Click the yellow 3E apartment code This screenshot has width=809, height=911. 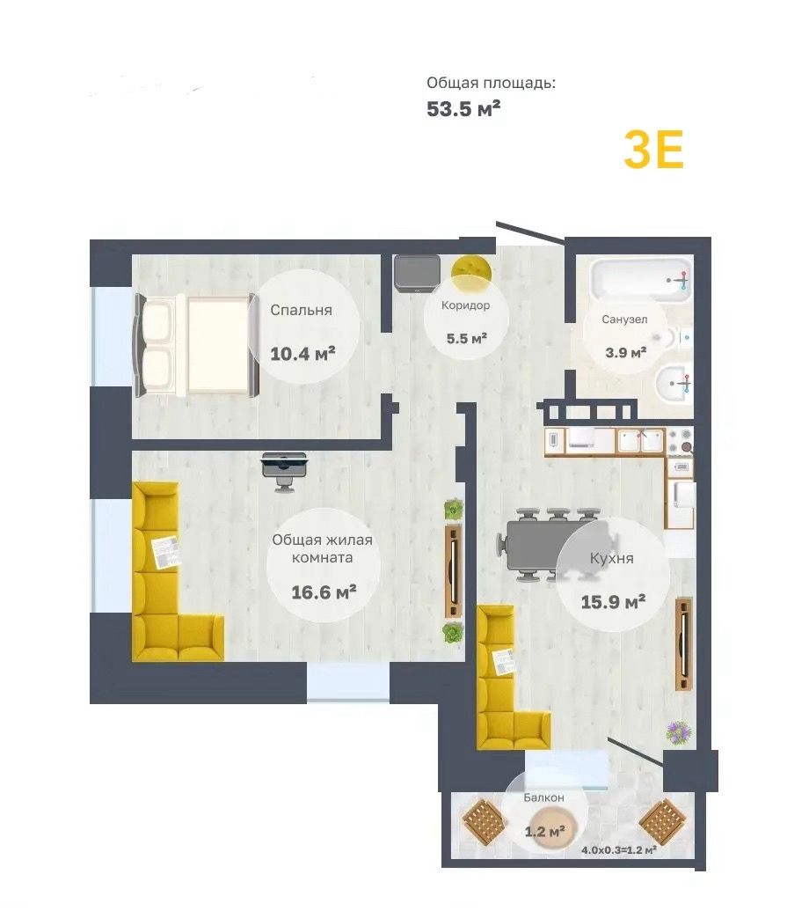(653, 150)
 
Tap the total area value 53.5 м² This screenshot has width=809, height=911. (463, 108)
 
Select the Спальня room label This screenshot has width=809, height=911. (302, 310)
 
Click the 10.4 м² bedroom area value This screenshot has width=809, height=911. (303, 353)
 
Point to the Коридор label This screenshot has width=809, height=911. (465, 305)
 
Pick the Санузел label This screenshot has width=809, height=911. (624, 320)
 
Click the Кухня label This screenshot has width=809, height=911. (612, 558)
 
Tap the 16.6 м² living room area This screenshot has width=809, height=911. (324, 592)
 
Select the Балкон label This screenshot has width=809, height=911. (543, 797)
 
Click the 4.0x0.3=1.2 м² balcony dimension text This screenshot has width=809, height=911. (619, 850)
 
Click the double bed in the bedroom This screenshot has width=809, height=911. (195, 345)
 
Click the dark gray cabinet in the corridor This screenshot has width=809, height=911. (417, 272)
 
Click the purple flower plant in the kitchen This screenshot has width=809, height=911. (679, 732)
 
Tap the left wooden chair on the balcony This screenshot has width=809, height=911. (484, 820)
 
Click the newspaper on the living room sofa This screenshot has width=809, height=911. (166, 553)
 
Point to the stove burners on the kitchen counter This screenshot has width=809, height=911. (680, 442)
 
